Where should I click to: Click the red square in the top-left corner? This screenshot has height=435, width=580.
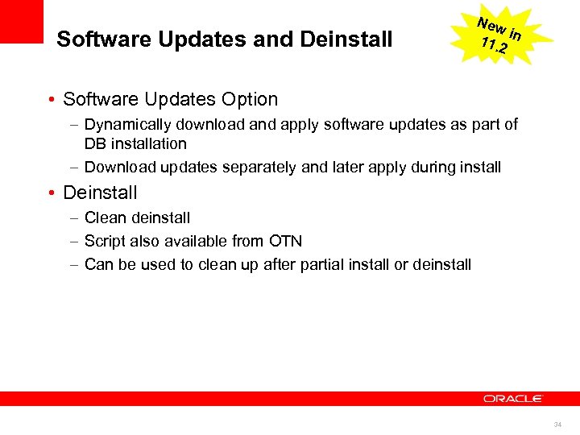[x=21, y=21]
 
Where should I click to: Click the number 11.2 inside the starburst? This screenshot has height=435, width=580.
[x=492, y=45]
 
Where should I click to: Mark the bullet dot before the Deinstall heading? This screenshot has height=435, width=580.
[x=51, y=193]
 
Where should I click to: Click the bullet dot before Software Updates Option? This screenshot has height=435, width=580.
[x=51, y=100]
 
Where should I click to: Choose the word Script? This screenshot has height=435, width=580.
[x=105, y=241]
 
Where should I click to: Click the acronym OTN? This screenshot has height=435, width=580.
[x=284, y=241]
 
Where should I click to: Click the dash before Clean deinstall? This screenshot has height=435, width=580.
[x=73, y=218]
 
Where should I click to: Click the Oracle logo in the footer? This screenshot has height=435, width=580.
[x=513, y=399]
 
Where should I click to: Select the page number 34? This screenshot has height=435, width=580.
[x=557, y=423]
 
